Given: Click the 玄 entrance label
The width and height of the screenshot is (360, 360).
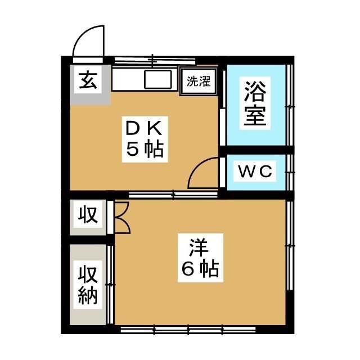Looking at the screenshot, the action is (x=87, y=81).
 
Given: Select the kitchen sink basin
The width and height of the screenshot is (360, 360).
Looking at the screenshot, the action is (x=157, y=80).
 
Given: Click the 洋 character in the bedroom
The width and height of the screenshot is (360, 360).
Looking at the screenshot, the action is (x=200, y=247).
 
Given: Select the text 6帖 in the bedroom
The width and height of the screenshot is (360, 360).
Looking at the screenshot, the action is (x=200, y=269).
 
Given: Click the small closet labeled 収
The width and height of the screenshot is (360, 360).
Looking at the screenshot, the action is (x=88, y=215).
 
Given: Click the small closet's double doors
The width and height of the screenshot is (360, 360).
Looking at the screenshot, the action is (x=121, y=217).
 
